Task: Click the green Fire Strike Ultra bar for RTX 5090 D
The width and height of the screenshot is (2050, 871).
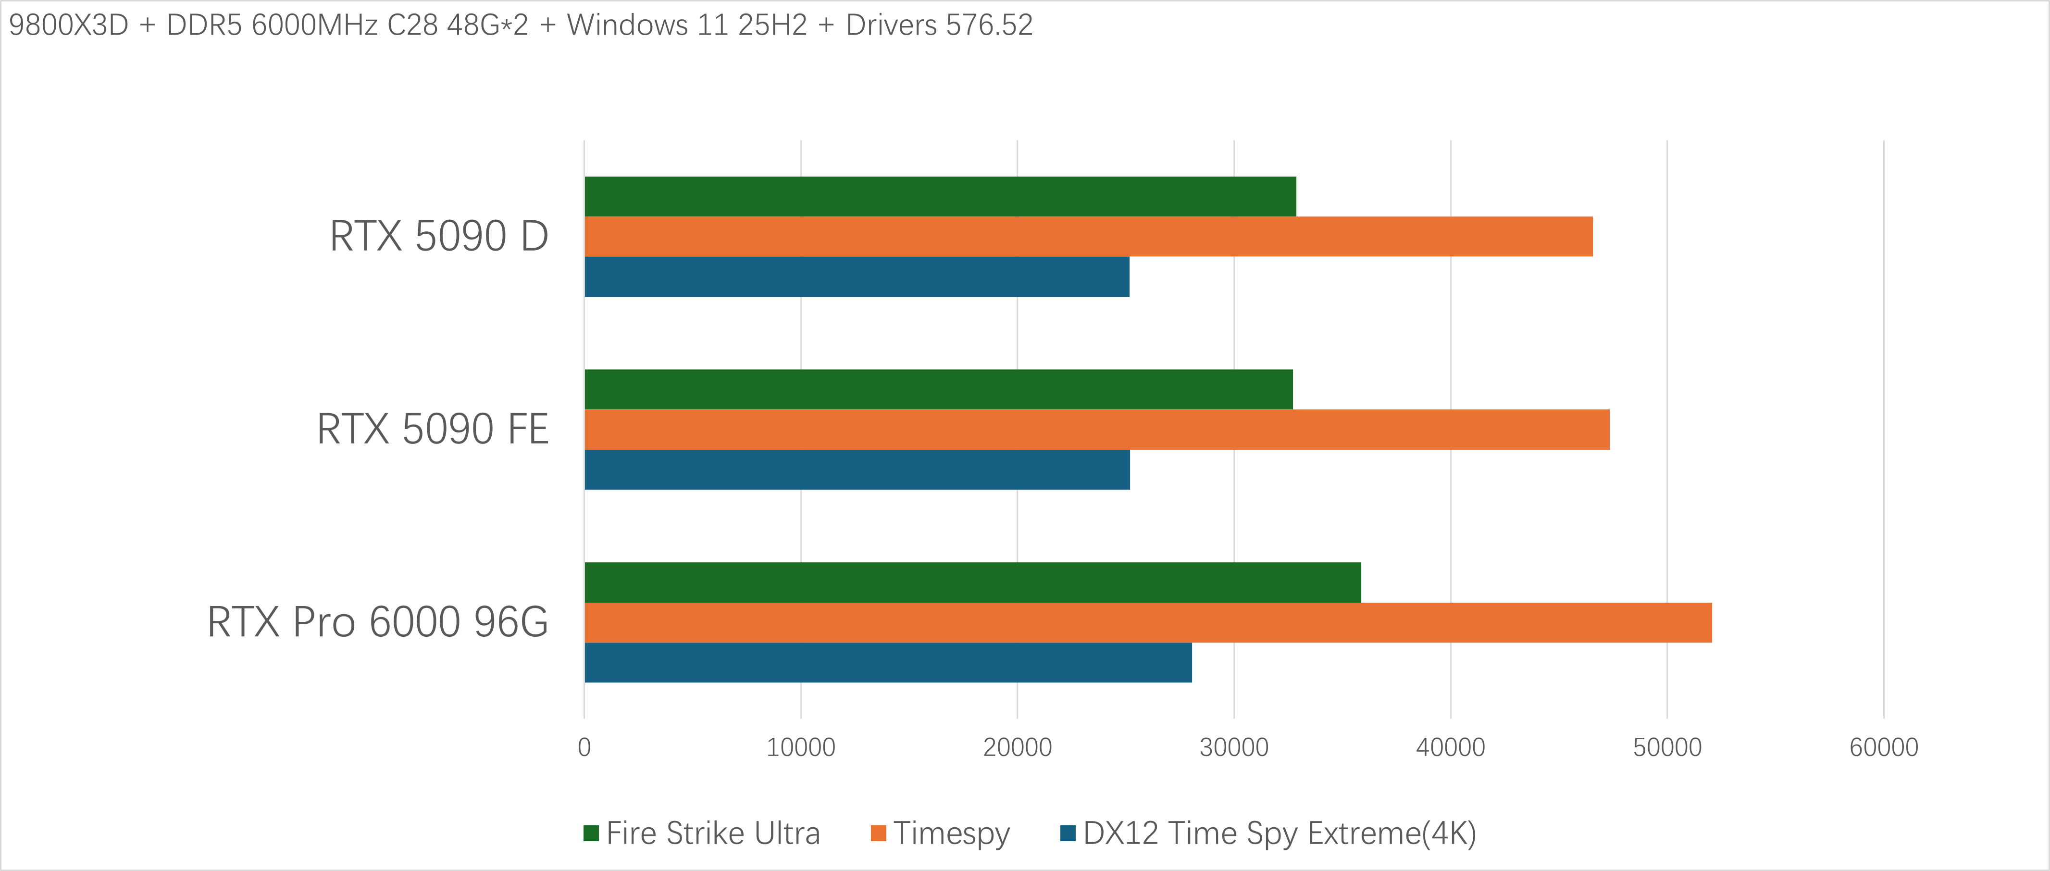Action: pos(940,197)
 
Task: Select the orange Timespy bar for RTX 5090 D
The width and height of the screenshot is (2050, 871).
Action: pos(1088,237)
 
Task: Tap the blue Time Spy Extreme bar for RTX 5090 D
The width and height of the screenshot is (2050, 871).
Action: pos(856,276)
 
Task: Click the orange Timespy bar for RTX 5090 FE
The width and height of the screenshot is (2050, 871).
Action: pos(1097,430)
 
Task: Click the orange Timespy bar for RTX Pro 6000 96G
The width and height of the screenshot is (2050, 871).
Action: pos(1147,623)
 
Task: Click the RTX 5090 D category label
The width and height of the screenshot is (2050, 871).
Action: pos(439,237)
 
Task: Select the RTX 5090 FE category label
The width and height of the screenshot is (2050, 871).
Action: pos(433,430)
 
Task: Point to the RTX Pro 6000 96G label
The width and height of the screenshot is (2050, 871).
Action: pos(378,623)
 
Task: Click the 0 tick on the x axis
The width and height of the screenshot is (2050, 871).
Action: pos(584,747)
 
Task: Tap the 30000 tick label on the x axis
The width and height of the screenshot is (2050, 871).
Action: pos(1233,747)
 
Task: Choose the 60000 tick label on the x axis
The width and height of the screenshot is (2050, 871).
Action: pos(1883,747)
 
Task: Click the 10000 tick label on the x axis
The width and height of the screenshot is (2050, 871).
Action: pos(801,747)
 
